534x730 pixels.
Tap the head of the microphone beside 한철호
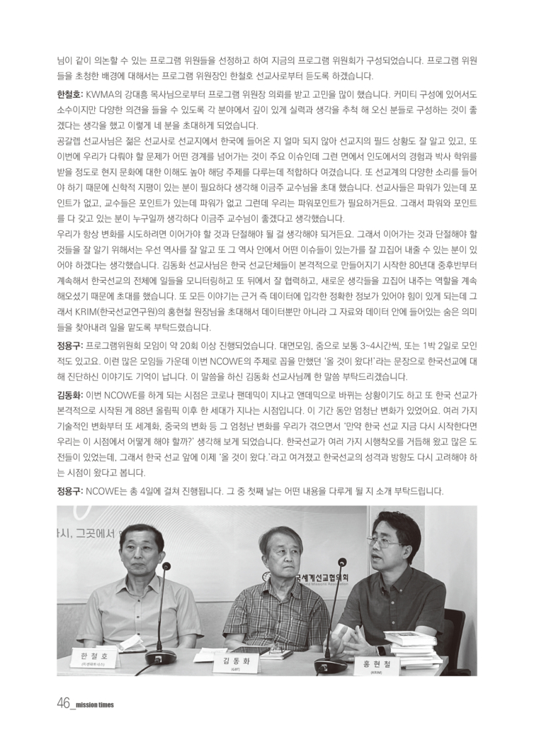(x=166, y=566)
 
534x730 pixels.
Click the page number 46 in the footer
(x=63, y=704)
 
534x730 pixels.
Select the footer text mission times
(x=95, y=705)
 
